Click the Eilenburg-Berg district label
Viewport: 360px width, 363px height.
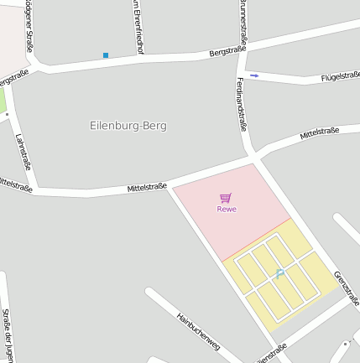click(x=128, y=126)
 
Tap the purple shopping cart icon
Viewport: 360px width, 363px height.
click(x=225, y=198)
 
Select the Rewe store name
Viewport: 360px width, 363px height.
click(x=227, y=209)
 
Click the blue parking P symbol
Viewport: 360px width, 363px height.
click(x=279, y=272)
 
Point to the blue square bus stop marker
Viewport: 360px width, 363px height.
click(x=106, y=55)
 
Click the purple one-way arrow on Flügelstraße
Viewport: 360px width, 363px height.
click(x=255, y=75)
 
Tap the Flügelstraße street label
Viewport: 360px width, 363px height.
click(x=341, y=77)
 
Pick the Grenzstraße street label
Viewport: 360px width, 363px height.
click(x=346, y=288)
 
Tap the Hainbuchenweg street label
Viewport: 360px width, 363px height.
click(x=198, y=330)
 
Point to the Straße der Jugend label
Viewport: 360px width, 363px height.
click(x=7, y=335)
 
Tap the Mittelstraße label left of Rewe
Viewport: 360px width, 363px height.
click(x=147, y=188)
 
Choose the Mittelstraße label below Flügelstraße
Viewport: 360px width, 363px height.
click(x=319, y=132)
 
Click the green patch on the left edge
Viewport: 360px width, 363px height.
click(x=3, y=101)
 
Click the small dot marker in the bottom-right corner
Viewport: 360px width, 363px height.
click(x=344, y=343)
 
